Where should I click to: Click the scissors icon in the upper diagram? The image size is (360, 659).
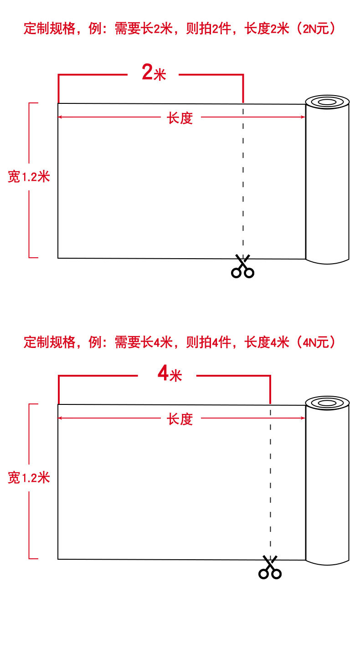[x=242, y=267]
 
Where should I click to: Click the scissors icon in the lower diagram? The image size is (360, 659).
[x=270, y=568]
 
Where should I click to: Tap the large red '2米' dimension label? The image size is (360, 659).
[x=154, y=73]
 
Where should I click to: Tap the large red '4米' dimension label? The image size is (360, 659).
[x=169, y=374]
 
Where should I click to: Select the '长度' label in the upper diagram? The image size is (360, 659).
[x=180, y=118]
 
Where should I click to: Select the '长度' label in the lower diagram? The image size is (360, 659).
[x=180, y=419]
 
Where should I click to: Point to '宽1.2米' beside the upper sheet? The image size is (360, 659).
[x=29, y=177]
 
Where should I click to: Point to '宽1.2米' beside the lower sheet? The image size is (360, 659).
[x=29, y=478]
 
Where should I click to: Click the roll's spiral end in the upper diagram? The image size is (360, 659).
[x=327, y=102]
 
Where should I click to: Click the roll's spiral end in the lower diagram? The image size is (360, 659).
[x=327, y=403]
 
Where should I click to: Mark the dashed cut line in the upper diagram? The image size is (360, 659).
[x=243, y=182]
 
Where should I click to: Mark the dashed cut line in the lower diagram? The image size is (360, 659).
[x=271, y=483]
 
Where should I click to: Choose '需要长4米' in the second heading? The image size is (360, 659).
[x=143, y=342]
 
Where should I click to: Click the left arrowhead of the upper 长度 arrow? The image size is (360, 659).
[x=60, y=117]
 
